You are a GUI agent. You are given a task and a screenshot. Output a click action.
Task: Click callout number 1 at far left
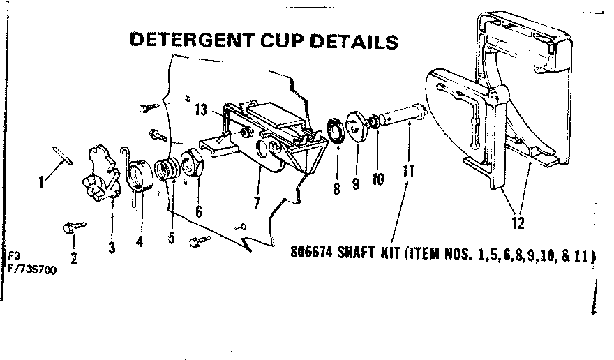pyautogui.click(x=42, y=183)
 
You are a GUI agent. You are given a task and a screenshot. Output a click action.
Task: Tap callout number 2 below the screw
pyautogui.click(x=74, y=257)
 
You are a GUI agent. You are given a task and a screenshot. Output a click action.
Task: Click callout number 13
pyautogui.click(x=201, y=110)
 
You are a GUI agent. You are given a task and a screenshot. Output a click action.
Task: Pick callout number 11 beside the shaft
pyautogui.click(x=407, y=170)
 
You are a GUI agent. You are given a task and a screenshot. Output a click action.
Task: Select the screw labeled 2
pyautogui.click(x=73, y=226)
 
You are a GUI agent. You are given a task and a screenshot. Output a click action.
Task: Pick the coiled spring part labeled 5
pyautogui.click(x=167, y=171)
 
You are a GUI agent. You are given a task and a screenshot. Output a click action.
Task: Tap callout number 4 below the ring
pyautogui.click(x=140, y=242)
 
